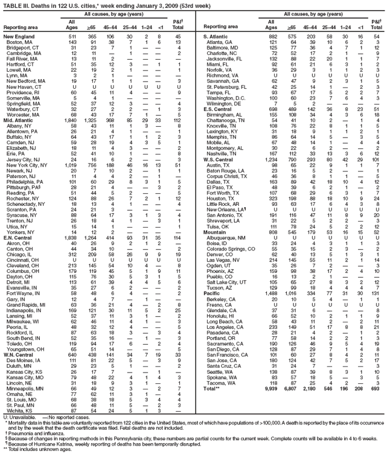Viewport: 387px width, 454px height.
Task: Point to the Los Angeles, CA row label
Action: coord(222,360)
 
